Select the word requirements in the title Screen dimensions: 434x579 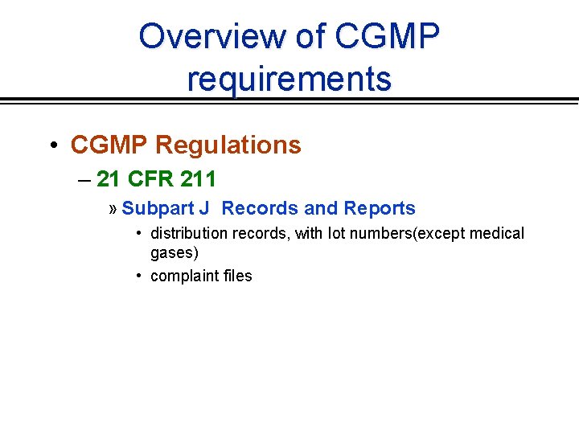coord(289,79)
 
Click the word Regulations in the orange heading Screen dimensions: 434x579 coord(228,145)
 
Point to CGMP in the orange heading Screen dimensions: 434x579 coord(109,145)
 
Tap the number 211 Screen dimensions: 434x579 coord(197,178)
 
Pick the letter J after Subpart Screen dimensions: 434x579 coord(204,209)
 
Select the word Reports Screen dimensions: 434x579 coord(380,209)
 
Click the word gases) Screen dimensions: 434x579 coord(175,253)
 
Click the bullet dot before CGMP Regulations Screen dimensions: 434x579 coord(52,145)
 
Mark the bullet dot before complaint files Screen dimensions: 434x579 coord(140,276)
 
